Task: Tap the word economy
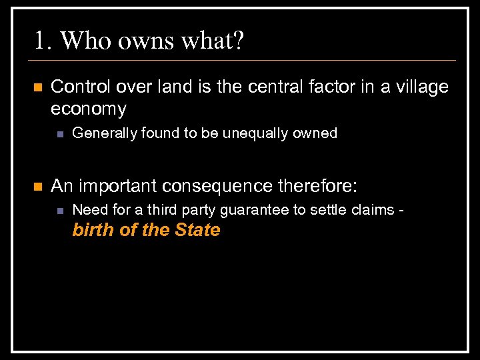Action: click(x=89, y=109)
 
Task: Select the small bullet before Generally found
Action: click(x=59, y=134)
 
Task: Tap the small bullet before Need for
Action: click(x=59, y=211)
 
